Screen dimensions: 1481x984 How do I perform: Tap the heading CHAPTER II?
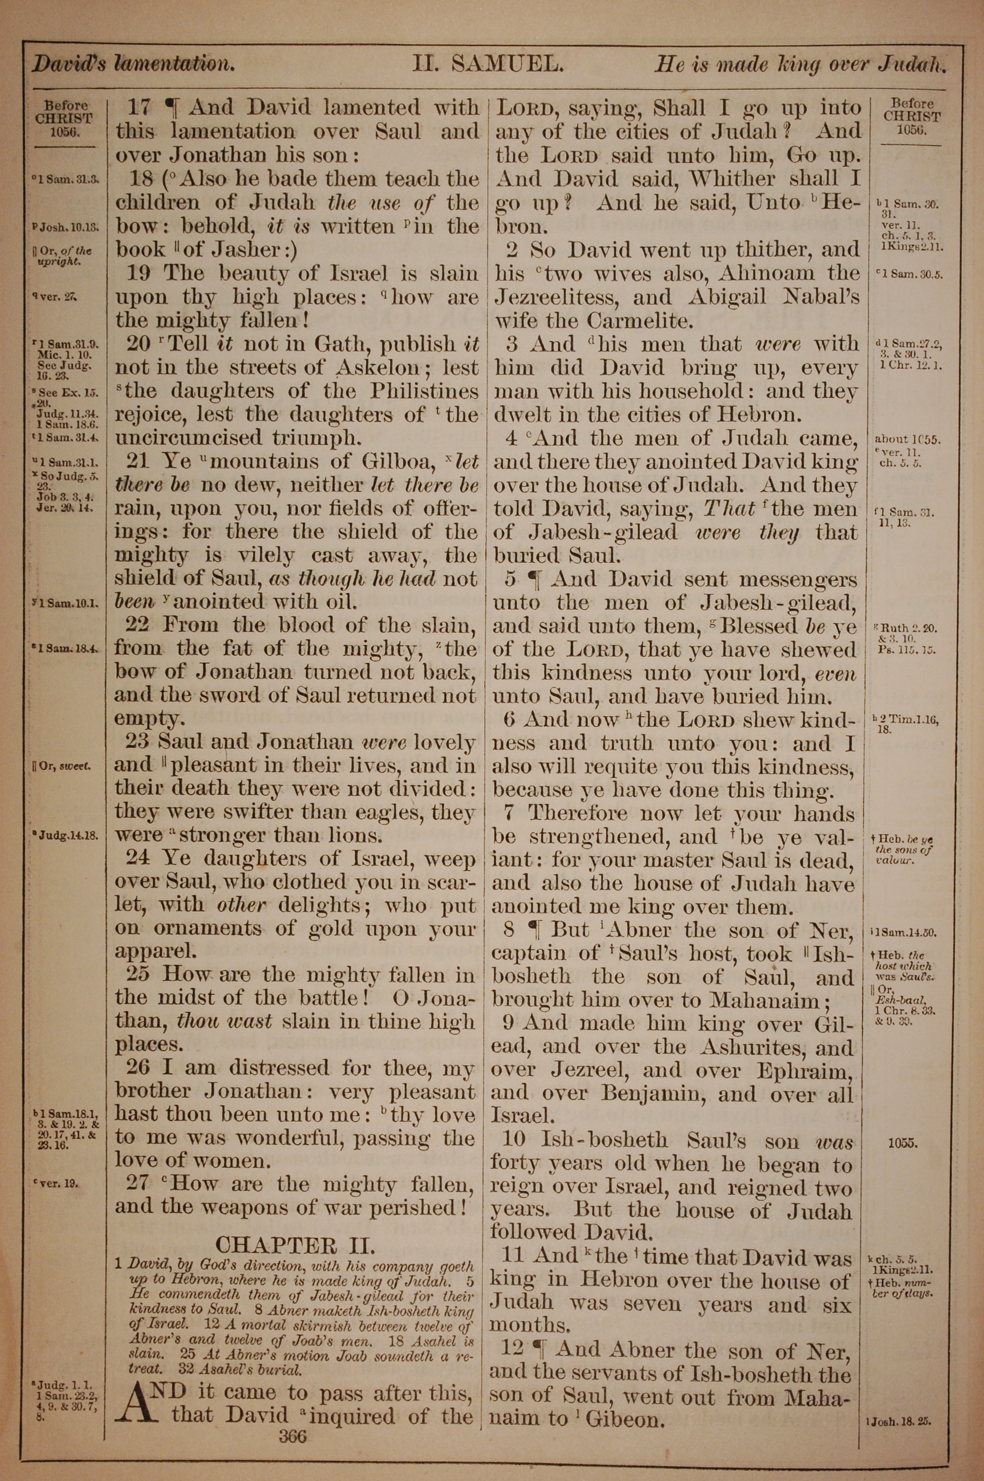[294, 1244]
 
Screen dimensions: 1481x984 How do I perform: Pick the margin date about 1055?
[907, 440]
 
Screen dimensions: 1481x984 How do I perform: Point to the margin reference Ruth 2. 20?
[909, 628]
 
